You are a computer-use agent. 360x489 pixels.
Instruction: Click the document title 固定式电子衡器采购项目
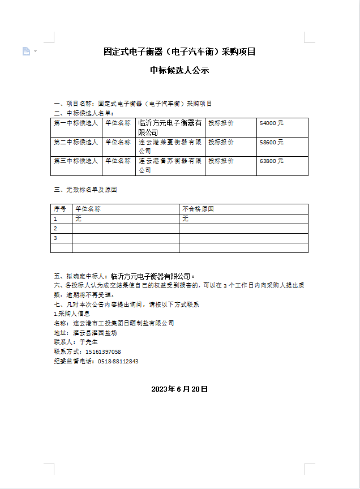pyautogui.click(x=180, y=52)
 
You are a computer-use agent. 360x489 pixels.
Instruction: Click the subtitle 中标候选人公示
pyautogui.click(x=180, y=71)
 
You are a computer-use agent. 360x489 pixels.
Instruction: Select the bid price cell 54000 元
pyautogui.click(x=272, y=123)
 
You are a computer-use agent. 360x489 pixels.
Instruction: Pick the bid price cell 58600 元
pyautogui.click(x=272, y=142)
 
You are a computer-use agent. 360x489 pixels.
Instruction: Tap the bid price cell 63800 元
pyautogui.click(x=272, y=161)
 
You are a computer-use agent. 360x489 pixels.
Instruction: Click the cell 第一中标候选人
pyautogui.click(x=76, y=123)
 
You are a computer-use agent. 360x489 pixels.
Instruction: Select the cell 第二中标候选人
pyautogui.click(x=76, y=142)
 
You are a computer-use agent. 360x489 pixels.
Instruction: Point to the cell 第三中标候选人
pyautogui.click(x=76, y=161)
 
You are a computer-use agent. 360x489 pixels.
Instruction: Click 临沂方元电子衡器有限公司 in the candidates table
pyautogui.click(x=170, y=127)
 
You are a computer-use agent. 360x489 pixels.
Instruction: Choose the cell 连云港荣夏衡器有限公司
pyautogui.click(x=170, y=147)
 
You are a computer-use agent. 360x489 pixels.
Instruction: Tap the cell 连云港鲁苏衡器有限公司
pyautogui.click(x=170, y=165)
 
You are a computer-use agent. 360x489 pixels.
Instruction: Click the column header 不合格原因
pyautogui.click(x=198, y=209)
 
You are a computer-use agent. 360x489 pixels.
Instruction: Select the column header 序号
pyautogui.click(x=61, y=209)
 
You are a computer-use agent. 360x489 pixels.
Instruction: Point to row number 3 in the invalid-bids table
pyautogui.click(x=55, y=238)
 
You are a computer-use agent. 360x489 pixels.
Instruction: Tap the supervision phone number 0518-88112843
pyautogui.click(x=118, y=361)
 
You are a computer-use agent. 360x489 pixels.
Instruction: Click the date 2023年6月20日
pyautogui.click(x=180, y=389)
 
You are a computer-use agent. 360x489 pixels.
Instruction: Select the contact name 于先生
pyautogui.click(x=89, y=342)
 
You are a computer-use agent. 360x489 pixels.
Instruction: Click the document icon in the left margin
pyautogui.click(x=26, y=52)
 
